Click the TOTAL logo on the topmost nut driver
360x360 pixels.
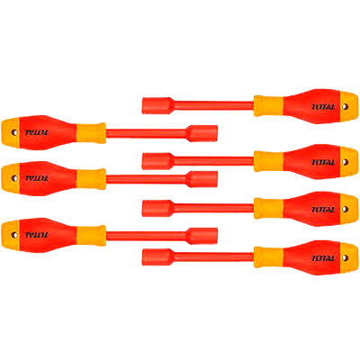(x=323, y=107)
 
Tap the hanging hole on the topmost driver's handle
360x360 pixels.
(x=346, y=106)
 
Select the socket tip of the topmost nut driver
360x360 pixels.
(x=157, y=105)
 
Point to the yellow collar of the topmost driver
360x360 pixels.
(x=268, y=106)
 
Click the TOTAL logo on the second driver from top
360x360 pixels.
(x=37, y=132)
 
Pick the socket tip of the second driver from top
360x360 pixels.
(x=202, y=133)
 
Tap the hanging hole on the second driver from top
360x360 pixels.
(x=14, y=132)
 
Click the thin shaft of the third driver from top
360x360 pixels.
(x=213, y=161)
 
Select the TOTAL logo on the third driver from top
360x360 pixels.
(x=323, y=163)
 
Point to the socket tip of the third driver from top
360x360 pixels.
(x=157, y=161)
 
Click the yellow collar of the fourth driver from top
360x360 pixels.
(x=91, y=179)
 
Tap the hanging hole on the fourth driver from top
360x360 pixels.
(x=14, y=178)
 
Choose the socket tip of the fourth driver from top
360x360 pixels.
(x=202, y=179)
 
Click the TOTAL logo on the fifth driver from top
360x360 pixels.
(x=323, y=210)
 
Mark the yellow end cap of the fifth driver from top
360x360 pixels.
(x=349, y=209)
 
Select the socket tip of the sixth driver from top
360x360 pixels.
(x=202, y=236)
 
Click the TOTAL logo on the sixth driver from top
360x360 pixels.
(x=37, y=235)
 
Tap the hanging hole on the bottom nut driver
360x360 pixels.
(x=346, y=257)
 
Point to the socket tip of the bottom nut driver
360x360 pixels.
(x=157, y=257)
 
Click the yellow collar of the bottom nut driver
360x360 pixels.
(x=268, y=257)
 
